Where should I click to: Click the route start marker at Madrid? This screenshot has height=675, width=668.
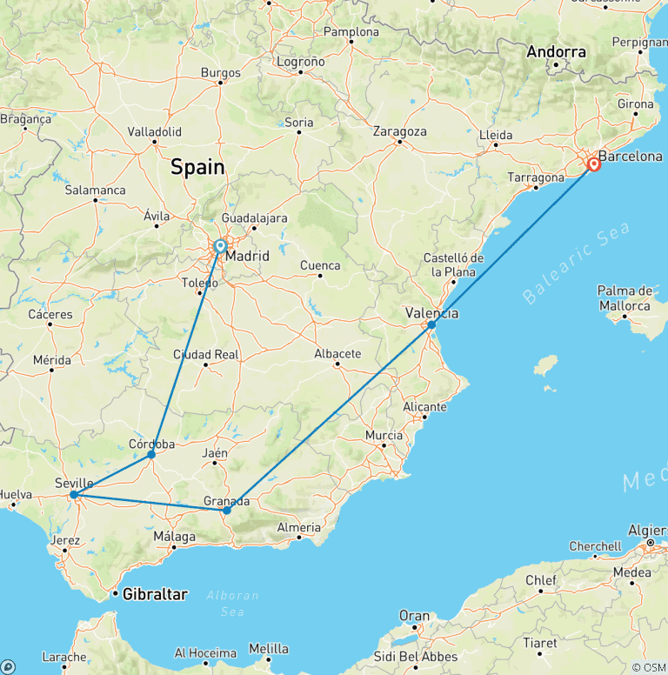(x=221, y=247)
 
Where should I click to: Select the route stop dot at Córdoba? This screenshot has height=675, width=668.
(x=151, y=454)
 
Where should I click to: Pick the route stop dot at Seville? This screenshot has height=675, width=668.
(x=74, y=495)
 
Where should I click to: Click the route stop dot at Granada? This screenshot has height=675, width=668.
(x=226, y=511)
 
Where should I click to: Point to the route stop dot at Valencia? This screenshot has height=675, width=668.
(x=431, y=324)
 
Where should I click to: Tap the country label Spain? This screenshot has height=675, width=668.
(x=197, y=167)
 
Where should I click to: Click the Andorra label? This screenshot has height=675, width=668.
(x=557, y=52)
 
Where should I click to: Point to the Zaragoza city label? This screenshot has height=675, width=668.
(x=399, y=132)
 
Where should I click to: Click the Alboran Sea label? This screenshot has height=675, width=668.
(x=233, y=601)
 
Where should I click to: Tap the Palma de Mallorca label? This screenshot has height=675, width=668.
(x=625, y=298)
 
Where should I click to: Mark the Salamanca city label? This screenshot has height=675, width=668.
(x=95, y=190)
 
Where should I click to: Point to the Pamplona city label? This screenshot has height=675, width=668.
(x=351, y=32)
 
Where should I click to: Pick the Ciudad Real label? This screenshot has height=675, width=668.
(x=206, y=355)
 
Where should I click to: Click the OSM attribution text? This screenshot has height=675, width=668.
(x=649, y=667)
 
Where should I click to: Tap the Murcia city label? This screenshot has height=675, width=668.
(x=384, y=435)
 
